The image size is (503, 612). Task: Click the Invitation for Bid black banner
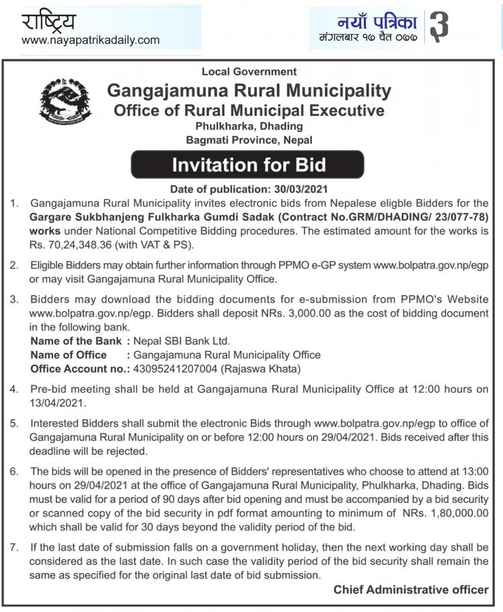pyautogui.click(x=247, y=165)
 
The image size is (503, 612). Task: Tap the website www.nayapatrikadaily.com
pyautogui.click(x=91, y=40)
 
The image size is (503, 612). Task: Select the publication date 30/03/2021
pyautogui.click(x=296, y=189)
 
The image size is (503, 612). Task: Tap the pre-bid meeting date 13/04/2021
pyautogui.click(x=57, y=403)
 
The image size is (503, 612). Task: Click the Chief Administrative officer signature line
pyautogui.click(x=411, y=590)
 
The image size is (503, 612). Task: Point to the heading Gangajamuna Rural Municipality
pyautogui.click(x=249, y=90)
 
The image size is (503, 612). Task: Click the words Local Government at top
pyautogui.click(x=249, y=71)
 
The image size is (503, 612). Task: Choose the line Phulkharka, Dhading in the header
pyautogui.click(x=249, y=126)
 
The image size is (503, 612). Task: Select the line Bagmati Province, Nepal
pyautogui.click(x=249, y=140)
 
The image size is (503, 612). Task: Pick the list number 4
pyautogui.click(x=14, y=389)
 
